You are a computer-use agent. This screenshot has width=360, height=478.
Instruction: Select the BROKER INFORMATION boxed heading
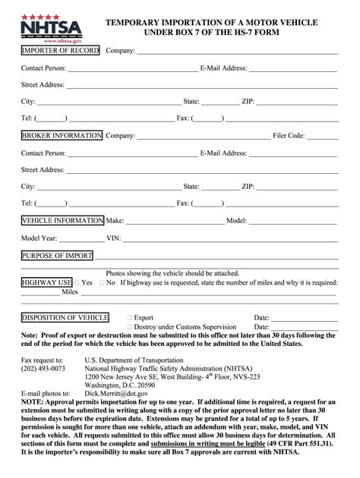(x=62, y=136)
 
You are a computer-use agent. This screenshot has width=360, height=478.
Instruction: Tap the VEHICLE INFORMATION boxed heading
(x=62, y=221)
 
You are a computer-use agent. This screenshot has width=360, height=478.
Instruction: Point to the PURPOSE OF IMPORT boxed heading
(x=57, y=256)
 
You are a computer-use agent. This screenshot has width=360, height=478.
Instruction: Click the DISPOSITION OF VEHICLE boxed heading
(x=65, y=318)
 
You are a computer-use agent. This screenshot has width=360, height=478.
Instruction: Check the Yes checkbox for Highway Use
(x=77, y=283)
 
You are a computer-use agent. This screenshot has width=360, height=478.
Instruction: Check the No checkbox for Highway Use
(x=102, y=283)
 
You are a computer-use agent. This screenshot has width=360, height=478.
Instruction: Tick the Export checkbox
(x=131, y=318)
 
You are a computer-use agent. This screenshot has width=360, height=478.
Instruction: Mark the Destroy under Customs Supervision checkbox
(x=131, y=327)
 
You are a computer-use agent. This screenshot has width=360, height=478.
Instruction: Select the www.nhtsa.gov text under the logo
(x=43, y=41)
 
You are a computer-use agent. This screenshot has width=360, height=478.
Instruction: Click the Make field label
(x=115, y=221)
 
